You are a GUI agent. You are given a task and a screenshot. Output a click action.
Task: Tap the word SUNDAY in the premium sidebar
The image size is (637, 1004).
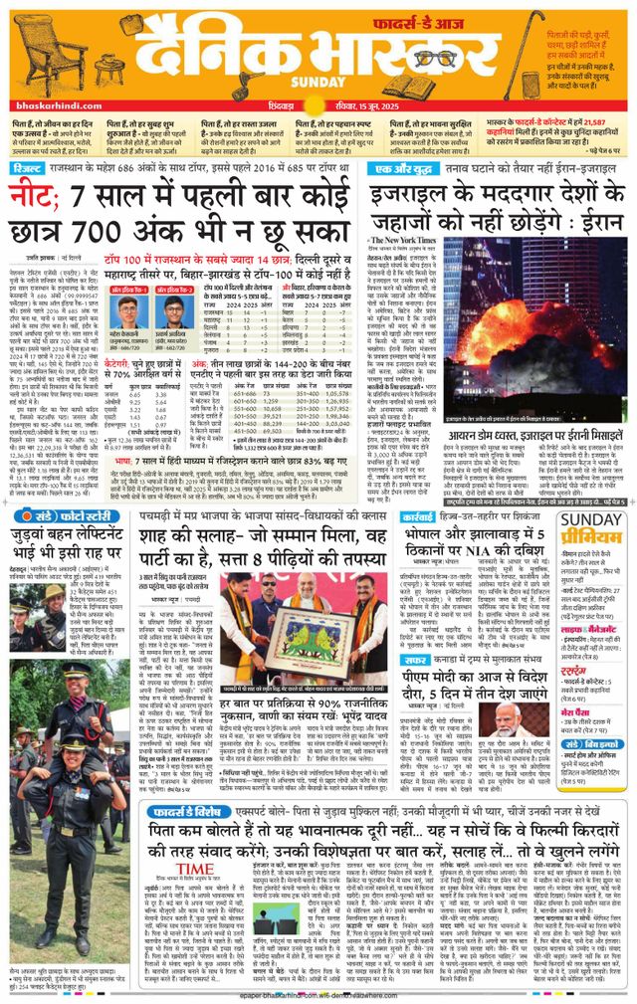point(591,519)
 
